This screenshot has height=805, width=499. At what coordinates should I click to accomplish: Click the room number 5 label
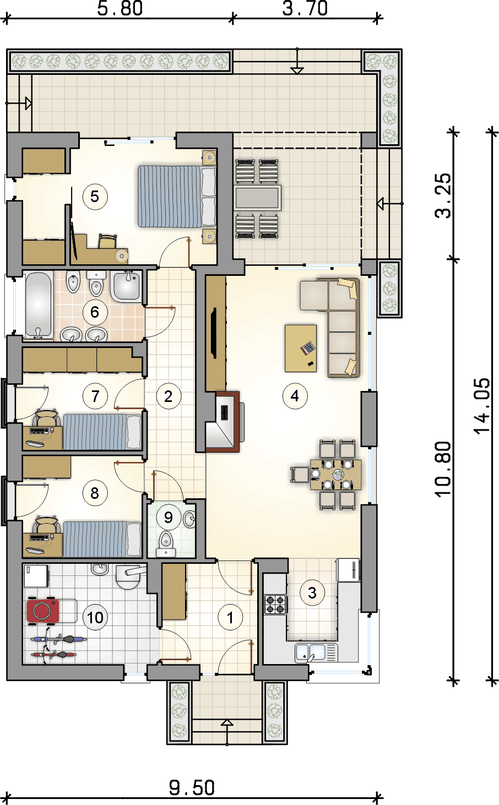point(95,197)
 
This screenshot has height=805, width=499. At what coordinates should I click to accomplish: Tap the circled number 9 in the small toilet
point(168,518)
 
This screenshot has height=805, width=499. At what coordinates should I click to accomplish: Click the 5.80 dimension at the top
point(120,8)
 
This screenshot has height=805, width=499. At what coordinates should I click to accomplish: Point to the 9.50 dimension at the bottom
point(192,787)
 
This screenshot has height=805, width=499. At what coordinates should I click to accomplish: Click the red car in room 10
point(43,611)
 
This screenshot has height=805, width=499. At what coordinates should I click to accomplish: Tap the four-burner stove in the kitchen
point(275,605)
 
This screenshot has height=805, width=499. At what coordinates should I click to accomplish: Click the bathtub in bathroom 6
point(39,306)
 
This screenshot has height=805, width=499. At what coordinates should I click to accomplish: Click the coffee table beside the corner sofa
point(301,348)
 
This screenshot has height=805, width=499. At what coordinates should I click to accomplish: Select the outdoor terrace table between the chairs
point(257,198)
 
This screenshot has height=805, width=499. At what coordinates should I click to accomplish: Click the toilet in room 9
point(166,544)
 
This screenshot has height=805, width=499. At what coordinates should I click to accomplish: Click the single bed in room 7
point(102,432)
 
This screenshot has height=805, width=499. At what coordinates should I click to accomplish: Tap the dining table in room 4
point(336,475)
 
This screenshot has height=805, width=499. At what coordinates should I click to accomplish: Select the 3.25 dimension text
point(443,196)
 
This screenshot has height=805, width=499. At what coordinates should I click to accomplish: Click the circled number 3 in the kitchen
point(312,593)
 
